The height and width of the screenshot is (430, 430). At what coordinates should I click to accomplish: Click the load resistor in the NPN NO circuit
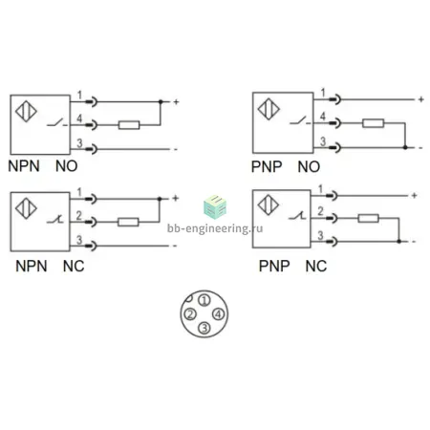coord(129,125)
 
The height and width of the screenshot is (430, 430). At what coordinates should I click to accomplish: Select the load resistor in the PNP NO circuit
coord(373,123)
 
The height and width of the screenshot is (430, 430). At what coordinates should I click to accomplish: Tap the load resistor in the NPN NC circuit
coord(128,222)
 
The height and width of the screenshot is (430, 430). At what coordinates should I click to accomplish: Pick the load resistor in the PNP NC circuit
coord(368,218)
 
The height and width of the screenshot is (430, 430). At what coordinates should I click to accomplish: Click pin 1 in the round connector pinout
coord(204,300)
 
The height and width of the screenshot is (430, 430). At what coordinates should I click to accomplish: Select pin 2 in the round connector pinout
coord(190,314)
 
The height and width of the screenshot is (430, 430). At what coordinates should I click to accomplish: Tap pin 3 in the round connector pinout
coord(204,328)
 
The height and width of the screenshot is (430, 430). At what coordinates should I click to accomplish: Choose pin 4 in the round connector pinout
coord(218,314)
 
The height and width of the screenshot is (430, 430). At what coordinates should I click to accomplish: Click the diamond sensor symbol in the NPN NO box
coord(26,111)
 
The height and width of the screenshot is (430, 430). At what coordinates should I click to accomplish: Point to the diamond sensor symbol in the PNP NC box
coord(269,204)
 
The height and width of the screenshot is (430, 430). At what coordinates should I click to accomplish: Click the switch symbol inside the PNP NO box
coord(300,121)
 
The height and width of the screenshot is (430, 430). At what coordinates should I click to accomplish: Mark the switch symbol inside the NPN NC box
coord(55,219)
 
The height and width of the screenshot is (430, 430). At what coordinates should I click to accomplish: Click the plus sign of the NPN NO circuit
coord(176,102)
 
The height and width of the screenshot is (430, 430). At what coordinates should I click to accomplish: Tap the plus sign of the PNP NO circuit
coord(421,99)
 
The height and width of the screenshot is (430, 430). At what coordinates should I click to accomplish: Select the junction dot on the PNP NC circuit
coord(398,242)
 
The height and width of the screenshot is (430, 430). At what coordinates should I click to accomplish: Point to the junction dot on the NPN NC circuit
coord(160,199)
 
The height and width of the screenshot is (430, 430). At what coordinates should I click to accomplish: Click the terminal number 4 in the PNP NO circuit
coord(323,117)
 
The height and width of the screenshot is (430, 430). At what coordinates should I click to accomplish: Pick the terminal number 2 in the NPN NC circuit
coord(79,216)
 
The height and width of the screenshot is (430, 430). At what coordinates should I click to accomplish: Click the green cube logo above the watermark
coord(215,206)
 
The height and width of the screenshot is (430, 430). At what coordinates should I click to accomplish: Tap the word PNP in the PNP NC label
coord(274,267)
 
